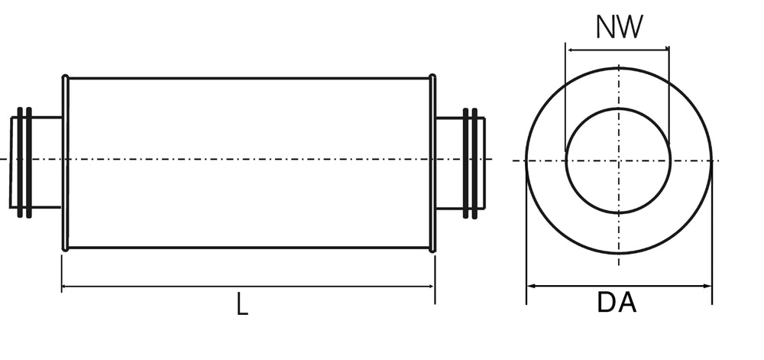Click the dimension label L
coord(241,305)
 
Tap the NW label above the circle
coord(619,28)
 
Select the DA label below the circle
coord(617,303)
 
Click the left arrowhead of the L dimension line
coord(65,287)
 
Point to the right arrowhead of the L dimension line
coord(432,287)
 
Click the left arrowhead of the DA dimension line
coord(530,287)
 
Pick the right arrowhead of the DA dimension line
coord(708,287)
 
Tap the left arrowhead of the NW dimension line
coord(569,50)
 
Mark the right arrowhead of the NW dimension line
coord(665,50)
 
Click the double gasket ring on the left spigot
coord(24,162)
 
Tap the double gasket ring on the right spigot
coord(470,163)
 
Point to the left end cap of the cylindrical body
coord(65,163)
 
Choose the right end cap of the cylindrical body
coord(432,163)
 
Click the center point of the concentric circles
coord(619,161)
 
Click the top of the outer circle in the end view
coord(619,67)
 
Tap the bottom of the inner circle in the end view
coord(619,213)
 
